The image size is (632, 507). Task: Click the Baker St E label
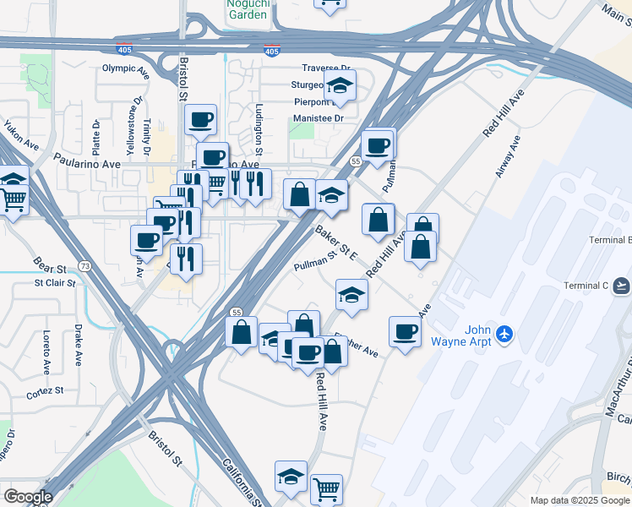[337, 242]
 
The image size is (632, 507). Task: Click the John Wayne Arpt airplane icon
[505, 335]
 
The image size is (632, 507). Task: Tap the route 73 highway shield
[84, 266]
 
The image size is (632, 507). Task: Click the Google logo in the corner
[27, 497]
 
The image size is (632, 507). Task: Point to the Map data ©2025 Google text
[580, 500]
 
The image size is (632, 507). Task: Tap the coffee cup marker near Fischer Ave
[405, 330]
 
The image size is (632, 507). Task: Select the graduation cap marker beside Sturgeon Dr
[340, 85]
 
